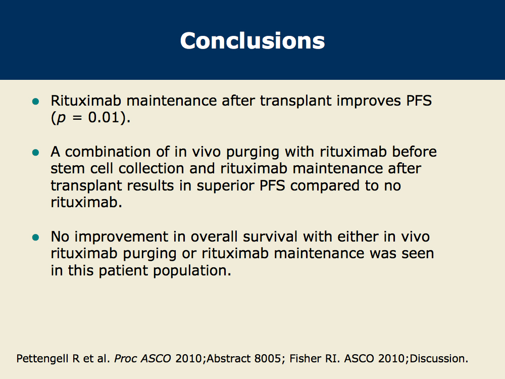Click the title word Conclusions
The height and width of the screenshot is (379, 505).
[252, 41]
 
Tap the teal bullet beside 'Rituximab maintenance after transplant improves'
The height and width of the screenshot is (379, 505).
[36, 102]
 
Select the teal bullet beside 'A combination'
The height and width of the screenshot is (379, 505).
[36, 153]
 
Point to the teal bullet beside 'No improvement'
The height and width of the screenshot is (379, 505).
[36, 238]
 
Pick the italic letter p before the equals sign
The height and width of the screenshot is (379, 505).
[61, 119]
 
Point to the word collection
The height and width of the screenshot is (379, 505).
[150, 169]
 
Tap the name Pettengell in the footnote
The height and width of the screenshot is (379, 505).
[43, 359]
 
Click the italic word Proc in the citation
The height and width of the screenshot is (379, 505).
[126, 359]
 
